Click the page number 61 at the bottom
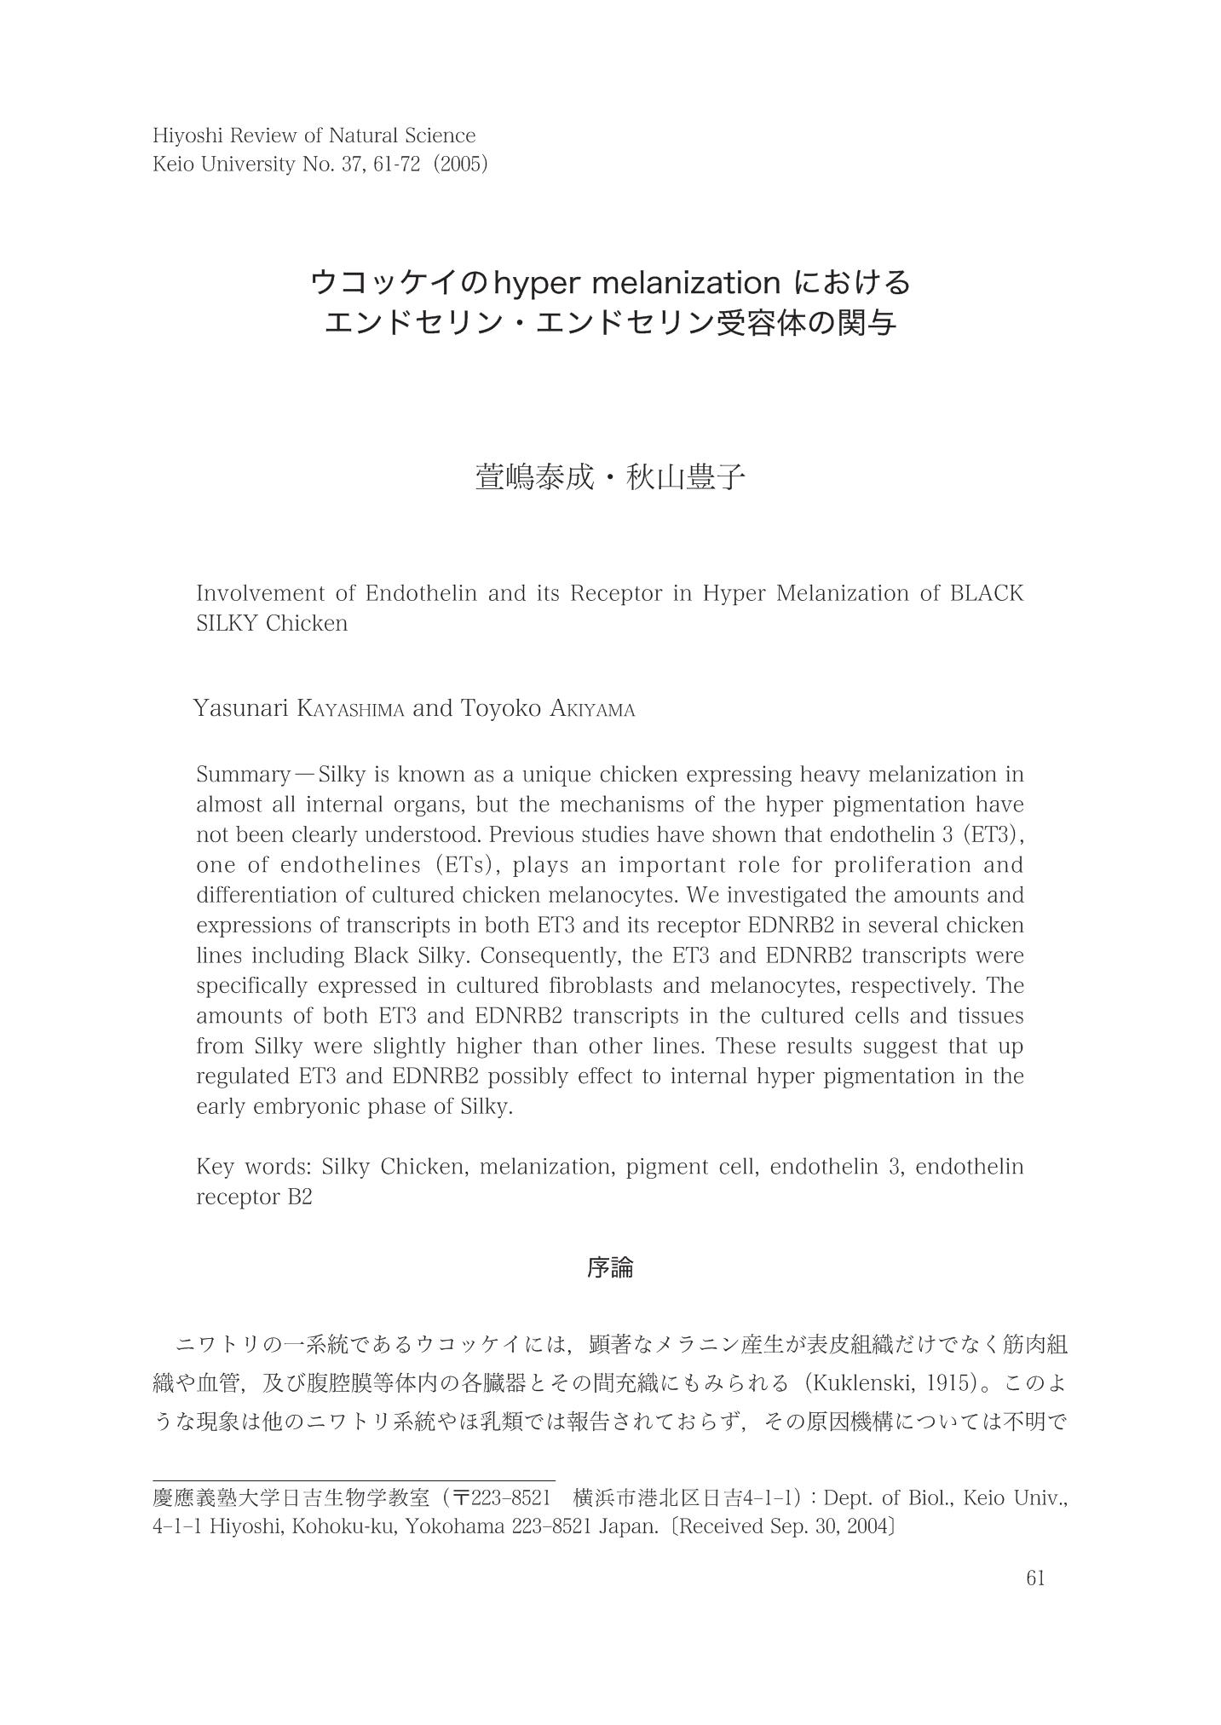coord(1035,1578)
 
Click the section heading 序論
coord(610,1268)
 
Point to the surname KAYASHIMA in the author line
coord(350,709)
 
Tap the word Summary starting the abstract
coord(244,775)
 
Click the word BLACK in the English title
coord(986,593)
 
